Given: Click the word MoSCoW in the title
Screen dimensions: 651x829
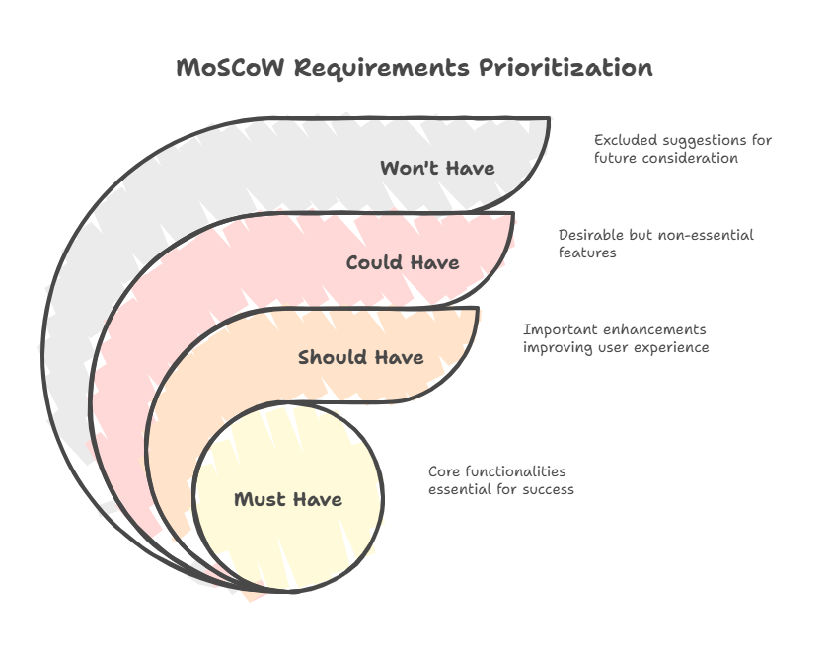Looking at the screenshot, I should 232,68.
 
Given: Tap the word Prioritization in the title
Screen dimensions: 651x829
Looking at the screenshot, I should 565,68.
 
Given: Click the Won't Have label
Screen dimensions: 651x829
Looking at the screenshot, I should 437,168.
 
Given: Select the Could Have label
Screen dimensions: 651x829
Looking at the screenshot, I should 402,263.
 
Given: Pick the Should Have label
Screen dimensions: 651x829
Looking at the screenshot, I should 361,357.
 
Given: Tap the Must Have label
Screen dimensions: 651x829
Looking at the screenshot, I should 288,499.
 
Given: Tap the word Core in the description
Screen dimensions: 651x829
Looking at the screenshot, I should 444,471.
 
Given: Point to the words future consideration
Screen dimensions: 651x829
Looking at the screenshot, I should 666,158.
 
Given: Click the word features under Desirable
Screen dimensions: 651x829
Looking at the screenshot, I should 587,253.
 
